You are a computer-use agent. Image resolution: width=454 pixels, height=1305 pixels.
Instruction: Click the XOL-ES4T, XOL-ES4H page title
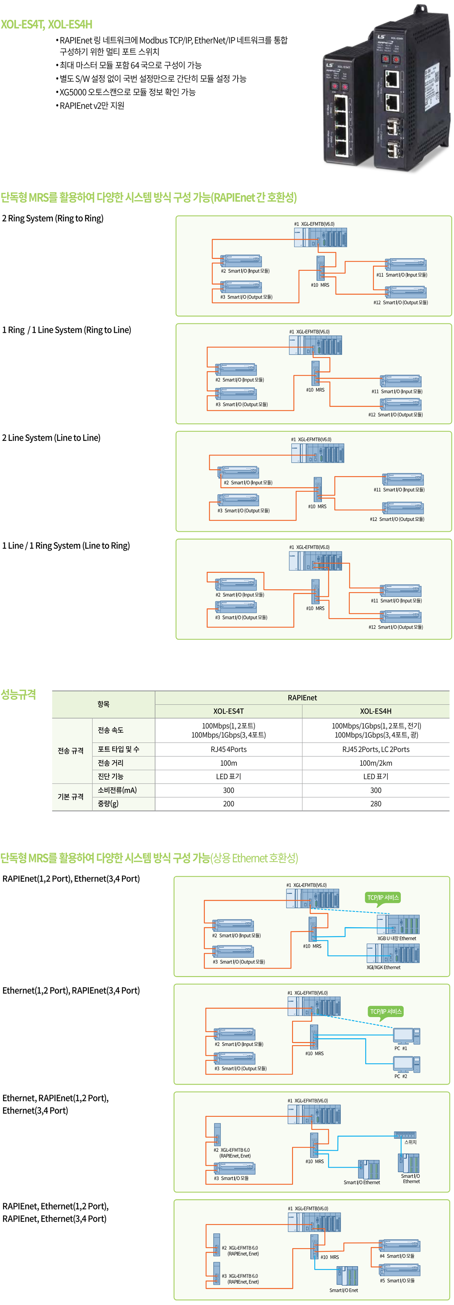[x=47, y=24]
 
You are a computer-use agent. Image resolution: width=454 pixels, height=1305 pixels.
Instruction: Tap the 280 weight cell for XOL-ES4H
[x=375, y=803]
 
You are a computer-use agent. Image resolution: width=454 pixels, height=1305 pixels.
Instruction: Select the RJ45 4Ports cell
[x=229, y=749]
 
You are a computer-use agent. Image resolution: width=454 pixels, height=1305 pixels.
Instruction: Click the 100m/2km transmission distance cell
[x=375, y=763]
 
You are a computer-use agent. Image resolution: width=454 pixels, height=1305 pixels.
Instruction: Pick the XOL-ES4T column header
[x=229, y=711]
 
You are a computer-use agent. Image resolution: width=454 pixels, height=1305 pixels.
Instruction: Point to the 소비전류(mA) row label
[x=117, y=790]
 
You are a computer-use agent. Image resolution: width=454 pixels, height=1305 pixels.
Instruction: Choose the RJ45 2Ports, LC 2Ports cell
[x=375, y=749]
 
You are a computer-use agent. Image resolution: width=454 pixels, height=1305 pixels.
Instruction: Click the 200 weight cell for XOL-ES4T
[x=229, y=803]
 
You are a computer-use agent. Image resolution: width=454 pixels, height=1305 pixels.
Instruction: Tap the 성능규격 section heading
[x=19, y=695]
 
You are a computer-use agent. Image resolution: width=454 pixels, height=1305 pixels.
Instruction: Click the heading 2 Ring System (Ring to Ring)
[x=53, y=218]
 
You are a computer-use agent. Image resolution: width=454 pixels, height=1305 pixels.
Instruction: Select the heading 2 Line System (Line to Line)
[x=51, y=438]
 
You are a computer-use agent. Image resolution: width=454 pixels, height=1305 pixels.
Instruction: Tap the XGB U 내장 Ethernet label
[x=397, y=938]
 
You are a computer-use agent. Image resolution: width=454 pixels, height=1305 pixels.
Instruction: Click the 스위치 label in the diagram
[x=411, y=1142]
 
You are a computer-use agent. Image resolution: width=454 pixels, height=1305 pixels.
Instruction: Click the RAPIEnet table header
[x=302, y=697]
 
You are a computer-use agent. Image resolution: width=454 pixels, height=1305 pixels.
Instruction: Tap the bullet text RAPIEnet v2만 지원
[x=92, y=105]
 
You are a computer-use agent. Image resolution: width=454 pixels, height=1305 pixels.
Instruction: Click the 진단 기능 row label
[x=111, y=776]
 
